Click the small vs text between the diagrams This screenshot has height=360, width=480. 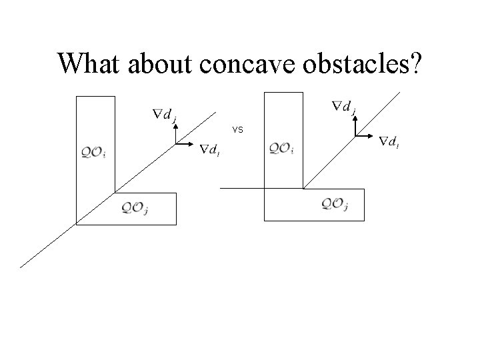pyautogui.click(x=238, y=129)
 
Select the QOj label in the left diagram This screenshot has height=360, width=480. pyautogui.click(x=135, y=208)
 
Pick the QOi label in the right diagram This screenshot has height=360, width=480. pyautogui.click(x=282, y=148)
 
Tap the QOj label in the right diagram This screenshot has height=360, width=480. pyautogui.click(x=335, y=204)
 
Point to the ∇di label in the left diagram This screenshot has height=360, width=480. pyautogui.click(x=211, y=149)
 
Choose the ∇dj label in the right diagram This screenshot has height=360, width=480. pyautogui.click(x=344, y=106)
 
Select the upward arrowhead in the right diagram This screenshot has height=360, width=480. pyautogui.click(x=355, y=119)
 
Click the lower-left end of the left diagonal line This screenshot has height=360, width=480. pyautogui.click(x=20, y=267)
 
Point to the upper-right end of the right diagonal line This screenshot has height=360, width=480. pyautogui.click(x=401, y=91)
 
